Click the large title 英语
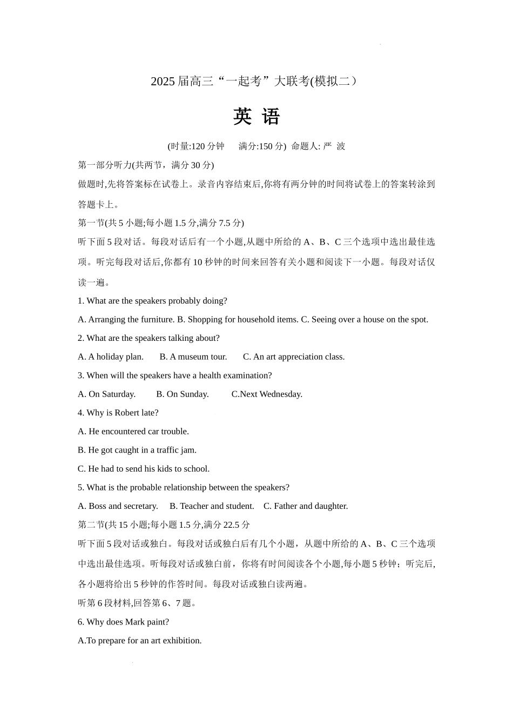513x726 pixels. [x=256, y=117]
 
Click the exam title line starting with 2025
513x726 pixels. [x=254, y=82]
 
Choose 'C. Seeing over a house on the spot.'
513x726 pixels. [x=364, y=319]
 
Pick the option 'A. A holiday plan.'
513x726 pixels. [x=111, y=357]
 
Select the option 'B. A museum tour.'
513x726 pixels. [x=193, y=357]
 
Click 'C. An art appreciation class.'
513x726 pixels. [x=294, y=357]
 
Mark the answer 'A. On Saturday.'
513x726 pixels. [x=107, y=394]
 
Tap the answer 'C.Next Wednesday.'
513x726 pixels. [x=267, y=394]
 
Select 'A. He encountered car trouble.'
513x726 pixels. [x=133, y=431]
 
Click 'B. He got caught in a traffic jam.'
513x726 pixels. [x=137, y=450]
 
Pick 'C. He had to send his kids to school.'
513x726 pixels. [x=144, y=468]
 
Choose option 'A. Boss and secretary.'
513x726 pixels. [x=118, y=506]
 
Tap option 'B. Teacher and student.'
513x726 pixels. [x=212, y=506]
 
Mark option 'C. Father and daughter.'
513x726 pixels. [x=306, y=506]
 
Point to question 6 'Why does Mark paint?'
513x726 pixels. [x=124, y=622]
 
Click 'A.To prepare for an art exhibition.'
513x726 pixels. [x=140, y=640]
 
